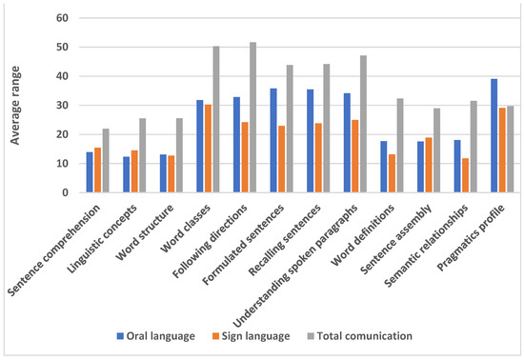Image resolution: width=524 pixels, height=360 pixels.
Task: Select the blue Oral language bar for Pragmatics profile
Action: point(494,135)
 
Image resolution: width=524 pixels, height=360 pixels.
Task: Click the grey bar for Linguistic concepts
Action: point(143,155)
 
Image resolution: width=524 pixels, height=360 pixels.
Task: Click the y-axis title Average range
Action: point(16,105)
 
